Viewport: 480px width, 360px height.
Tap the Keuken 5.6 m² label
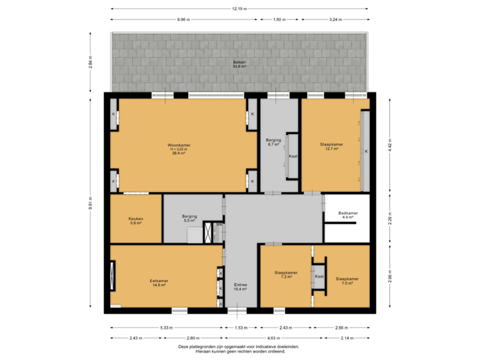coord(136,221)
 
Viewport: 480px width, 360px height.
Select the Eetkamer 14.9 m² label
coord(158,283)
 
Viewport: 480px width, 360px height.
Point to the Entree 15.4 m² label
coord(240,287)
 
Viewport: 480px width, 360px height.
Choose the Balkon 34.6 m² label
coord(239,64)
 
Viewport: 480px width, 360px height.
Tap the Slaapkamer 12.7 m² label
coord(332,147)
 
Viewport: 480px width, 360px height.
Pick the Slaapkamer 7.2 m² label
coord(285,275)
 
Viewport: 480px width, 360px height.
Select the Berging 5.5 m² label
coord(189,218)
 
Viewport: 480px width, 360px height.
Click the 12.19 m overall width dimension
coord(239,9)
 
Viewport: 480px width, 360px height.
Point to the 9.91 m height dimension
coord(91,202)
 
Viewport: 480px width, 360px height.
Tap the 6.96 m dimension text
coord(184,20)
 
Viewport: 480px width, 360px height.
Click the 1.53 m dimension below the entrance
coord(241,328)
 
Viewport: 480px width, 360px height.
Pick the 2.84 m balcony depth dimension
coord(91,61)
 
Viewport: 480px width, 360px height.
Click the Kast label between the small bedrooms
coord(319,276)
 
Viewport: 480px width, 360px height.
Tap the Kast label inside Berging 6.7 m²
coord(293,157)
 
